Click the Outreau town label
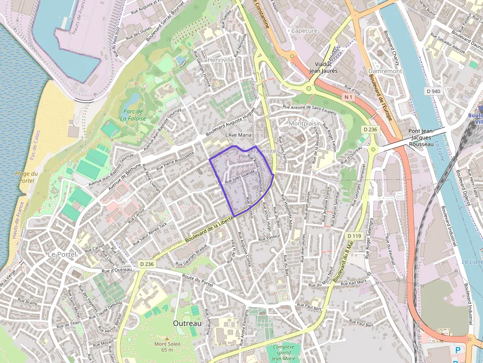point(187,323)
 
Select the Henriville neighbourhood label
point(221,60)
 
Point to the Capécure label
point(304,31)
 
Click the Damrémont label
point(385,71)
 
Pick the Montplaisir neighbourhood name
point(305,123)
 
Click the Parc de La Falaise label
point(132,115)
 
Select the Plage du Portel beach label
point(26,177)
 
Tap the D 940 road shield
point(433,91)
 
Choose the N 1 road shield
point(349,98)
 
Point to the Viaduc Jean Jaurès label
point(323,67)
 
